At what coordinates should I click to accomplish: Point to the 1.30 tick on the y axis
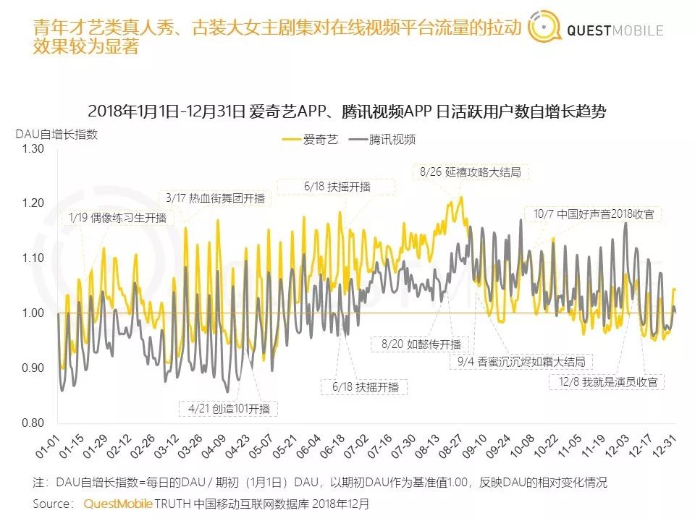click(33, 148)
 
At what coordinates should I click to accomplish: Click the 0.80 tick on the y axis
click(33, 423)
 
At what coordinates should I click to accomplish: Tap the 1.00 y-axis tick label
click(33, 313)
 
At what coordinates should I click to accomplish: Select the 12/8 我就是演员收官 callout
click(606, 381)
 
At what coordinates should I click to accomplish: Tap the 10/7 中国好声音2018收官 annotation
click(594, 214)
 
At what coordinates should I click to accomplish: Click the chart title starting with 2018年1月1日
click(347, 112)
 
